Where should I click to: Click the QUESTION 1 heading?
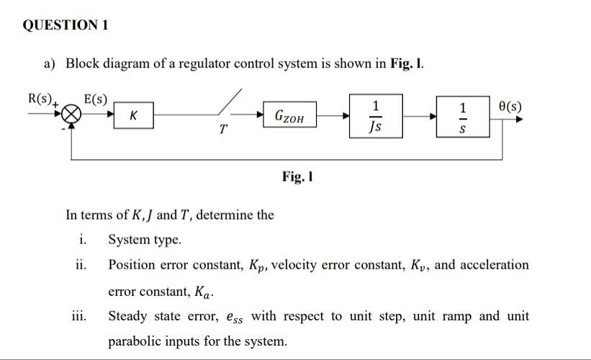point(66,25)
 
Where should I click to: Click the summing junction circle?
point(71,114)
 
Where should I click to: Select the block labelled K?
point(134,114)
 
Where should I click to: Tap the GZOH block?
point(290,114)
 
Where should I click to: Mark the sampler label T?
point(224,130)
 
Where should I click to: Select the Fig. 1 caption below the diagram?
point(297,176)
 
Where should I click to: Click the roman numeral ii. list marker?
point(81,265)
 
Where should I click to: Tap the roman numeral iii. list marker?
point(80,316)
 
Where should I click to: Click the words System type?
point(145,240)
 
